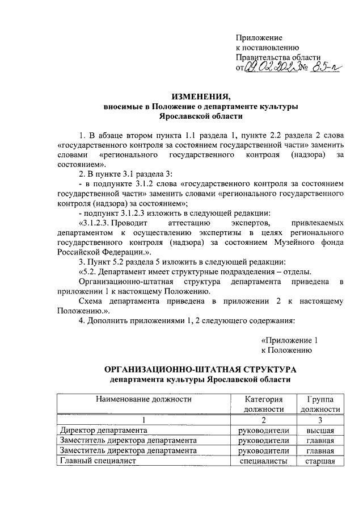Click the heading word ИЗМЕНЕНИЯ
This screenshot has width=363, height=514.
(201, 95)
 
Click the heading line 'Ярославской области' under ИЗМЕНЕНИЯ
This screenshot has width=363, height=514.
(201, 116)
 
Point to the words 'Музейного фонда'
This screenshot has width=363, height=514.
(316, 243)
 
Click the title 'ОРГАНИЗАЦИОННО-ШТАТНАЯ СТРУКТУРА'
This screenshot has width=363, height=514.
(201, 369)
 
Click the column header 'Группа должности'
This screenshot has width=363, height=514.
(320, 404)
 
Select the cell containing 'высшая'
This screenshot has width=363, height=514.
(320, 430)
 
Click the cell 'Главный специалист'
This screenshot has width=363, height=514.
(95, 461)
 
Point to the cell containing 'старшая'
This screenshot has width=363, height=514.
(320, 461)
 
